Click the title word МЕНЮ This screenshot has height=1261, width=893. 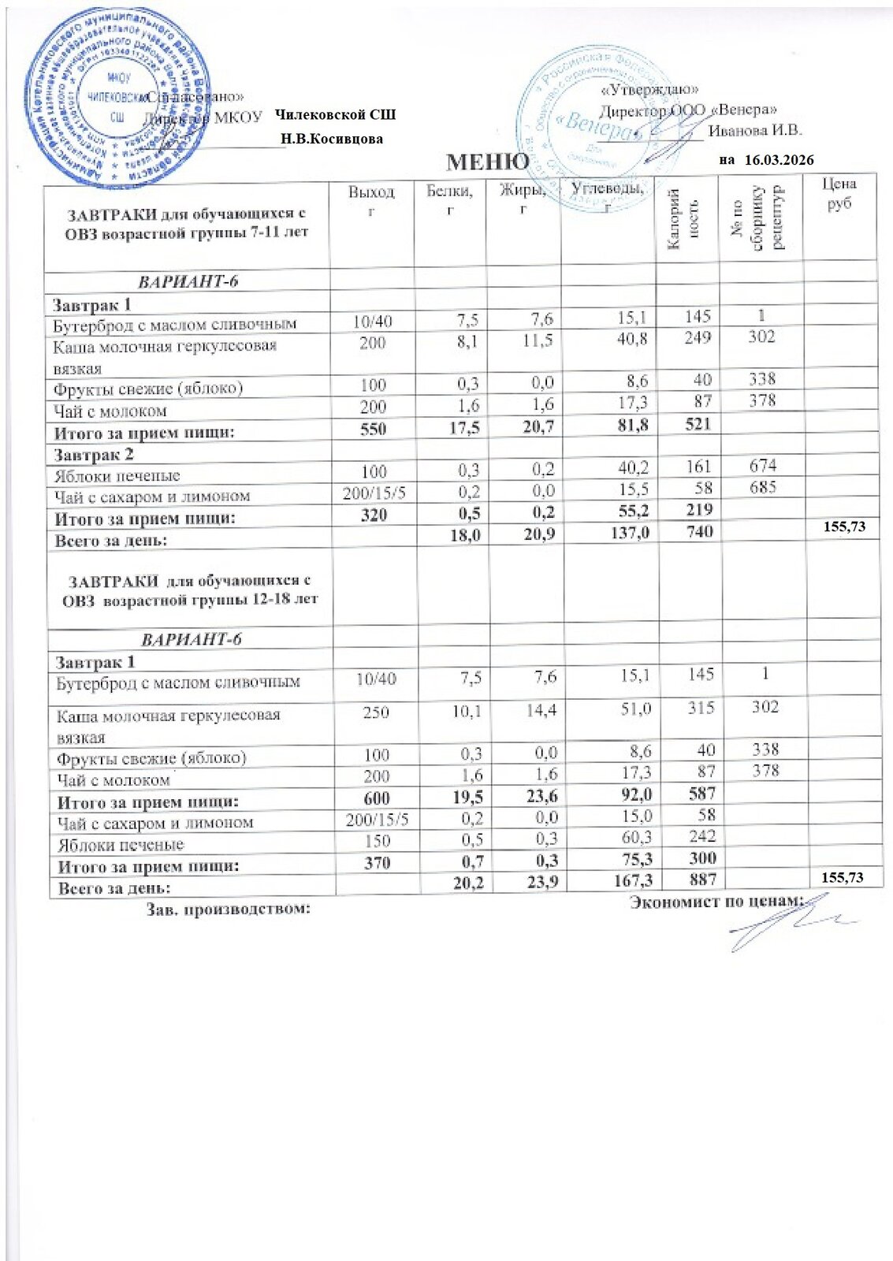pos(487,162)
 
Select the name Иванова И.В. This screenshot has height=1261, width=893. pos(754,131)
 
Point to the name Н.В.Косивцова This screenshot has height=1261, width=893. pos(332,139)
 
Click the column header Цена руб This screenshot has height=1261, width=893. pos(839,193)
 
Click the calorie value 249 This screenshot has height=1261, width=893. pos(698,338)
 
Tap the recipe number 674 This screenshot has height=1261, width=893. pos(763,465)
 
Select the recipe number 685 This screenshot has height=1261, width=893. pos(763,487)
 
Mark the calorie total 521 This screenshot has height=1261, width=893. pos(698,424)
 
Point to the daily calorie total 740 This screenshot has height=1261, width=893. pos(698,532)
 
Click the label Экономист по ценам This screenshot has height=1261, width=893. pos(716,902)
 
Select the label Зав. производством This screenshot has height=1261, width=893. pos(229,909)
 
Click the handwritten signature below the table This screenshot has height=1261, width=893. pos(788,924)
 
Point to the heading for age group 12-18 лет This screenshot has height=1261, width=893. pos(190,590)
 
